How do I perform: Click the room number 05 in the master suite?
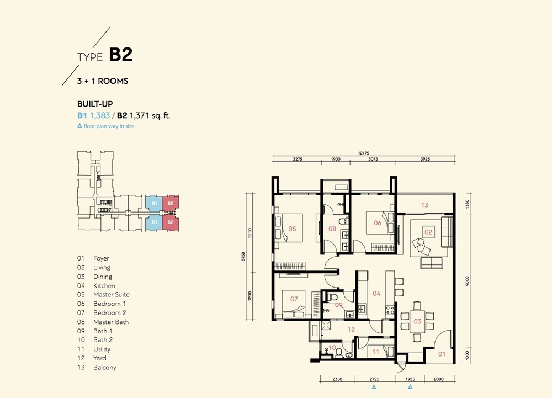[x=292, y=229]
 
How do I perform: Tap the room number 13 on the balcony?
[x=424, y=205]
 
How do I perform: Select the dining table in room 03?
[x=417, y=321]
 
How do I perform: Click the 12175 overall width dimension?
[x=364, y=153]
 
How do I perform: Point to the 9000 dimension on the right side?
[x=468, y=281]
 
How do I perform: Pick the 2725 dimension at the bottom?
[x=374, y=379]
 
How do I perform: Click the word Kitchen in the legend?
[x=104, y=286]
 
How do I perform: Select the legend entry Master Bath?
[x=111, y=322]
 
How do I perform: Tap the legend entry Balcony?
[x=104, y=368]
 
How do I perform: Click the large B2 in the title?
[x=121, y=55]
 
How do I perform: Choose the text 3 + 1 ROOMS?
[x=103, y=81]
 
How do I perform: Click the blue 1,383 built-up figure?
[x=100, y=115]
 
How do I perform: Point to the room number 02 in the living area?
[x=428, y=232]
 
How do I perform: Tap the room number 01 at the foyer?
[x=442, y=354]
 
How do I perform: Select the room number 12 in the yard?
[x=351, y=330]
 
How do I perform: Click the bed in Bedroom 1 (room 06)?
[x=380, y=223]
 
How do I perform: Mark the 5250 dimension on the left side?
[x=250, y=232]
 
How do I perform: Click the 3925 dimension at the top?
[x=425, y=159]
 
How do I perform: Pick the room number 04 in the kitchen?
[x=376, y=293]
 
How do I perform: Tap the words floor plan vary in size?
[x=109, y=126]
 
